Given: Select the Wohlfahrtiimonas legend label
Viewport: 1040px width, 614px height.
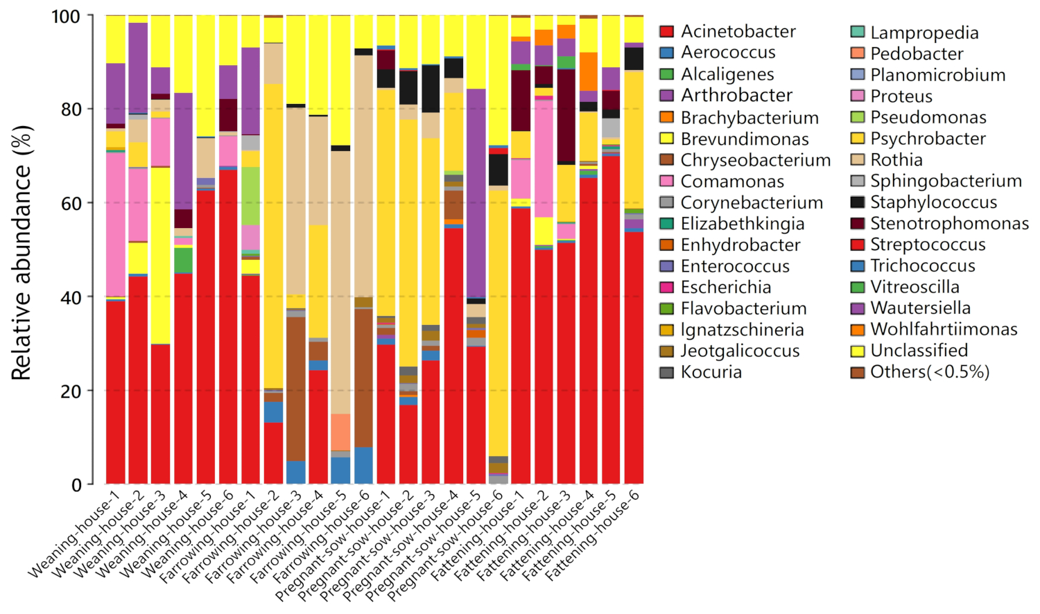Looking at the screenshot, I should [944, 329].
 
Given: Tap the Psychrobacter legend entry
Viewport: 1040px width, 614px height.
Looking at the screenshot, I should [928, 139].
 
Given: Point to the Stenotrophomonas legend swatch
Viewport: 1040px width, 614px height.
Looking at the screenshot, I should [858, 223].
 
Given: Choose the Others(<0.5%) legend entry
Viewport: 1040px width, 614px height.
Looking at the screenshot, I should [929, 372].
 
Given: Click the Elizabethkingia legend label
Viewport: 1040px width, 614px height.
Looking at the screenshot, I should [743, 224].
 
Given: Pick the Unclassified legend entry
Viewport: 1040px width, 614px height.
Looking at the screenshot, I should [919, 351].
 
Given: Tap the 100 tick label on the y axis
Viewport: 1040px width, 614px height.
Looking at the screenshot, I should [66, 16].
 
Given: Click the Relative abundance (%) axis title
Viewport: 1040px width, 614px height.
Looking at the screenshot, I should [21, 253].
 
